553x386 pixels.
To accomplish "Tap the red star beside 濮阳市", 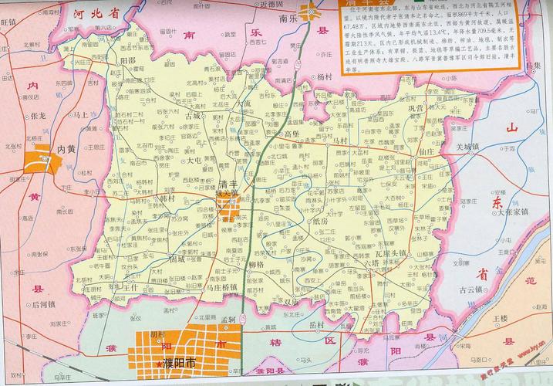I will [x=159, y=364].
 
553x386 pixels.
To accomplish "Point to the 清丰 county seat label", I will [x=229, y=185].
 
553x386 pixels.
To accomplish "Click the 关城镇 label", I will [x=467, y=146].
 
